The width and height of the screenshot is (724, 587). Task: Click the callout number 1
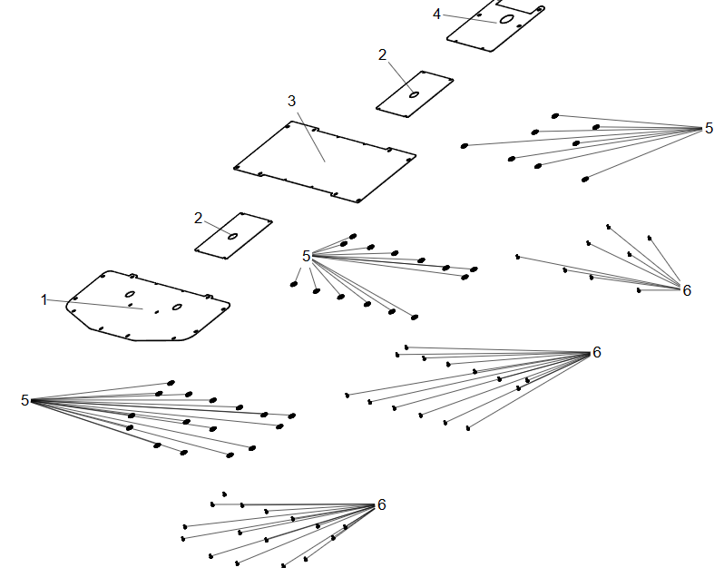44,299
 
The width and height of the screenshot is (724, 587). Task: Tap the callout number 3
291,101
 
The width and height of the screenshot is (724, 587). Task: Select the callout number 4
436,15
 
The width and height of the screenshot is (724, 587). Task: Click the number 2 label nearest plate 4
382,55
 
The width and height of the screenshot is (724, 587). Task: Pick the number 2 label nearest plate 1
199,218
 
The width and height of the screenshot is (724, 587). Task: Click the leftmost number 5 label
24,400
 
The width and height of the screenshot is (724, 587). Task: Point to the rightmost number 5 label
709,128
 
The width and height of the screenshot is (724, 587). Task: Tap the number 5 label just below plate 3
306,256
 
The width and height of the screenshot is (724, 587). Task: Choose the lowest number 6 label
381,504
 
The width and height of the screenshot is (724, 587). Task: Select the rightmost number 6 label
687,290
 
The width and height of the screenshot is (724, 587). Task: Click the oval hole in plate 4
507,19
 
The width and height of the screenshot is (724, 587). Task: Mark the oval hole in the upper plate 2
415,94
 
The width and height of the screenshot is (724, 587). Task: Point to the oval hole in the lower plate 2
233,237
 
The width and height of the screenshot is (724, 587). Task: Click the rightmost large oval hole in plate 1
177,307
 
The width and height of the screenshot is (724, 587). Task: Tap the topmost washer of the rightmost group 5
555,116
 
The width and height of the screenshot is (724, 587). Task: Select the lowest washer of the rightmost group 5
585,180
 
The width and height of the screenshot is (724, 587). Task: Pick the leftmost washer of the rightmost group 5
465,146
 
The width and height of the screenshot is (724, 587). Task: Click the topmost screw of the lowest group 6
224,494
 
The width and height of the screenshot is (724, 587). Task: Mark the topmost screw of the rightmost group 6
609,227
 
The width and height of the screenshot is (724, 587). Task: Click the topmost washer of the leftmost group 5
171,383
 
